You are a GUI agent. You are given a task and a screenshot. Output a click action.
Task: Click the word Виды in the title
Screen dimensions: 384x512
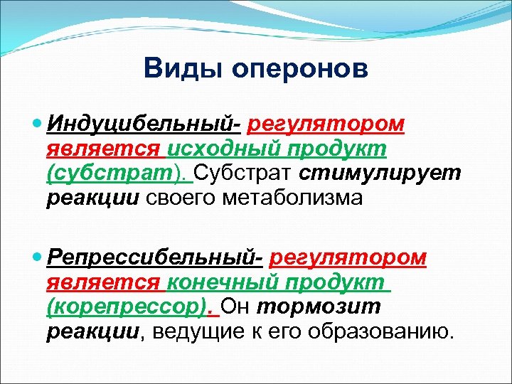pos(176,69)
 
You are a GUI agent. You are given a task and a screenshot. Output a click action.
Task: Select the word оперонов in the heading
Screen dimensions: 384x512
pos(293,70)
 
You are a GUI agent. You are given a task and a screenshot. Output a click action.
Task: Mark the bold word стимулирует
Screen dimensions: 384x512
pos(380,174)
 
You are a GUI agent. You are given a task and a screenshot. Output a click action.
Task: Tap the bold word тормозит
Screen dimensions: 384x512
pos(318,306)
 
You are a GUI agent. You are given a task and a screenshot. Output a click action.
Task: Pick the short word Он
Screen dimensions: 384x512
pos(238,306)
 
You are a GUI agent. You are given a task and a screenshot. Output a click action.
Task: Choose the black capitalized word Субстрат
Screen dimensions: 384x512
pos(244,174)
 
